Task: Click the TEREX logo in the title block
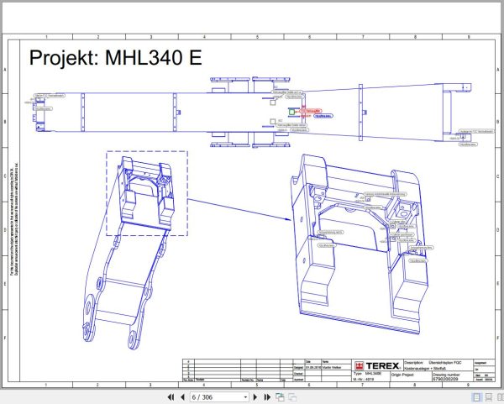375,365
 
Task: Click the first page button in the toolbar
171,396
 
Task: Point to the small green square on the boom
291,110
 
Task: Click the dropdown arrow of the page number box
245,396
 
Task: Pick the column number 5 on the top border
256,36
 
